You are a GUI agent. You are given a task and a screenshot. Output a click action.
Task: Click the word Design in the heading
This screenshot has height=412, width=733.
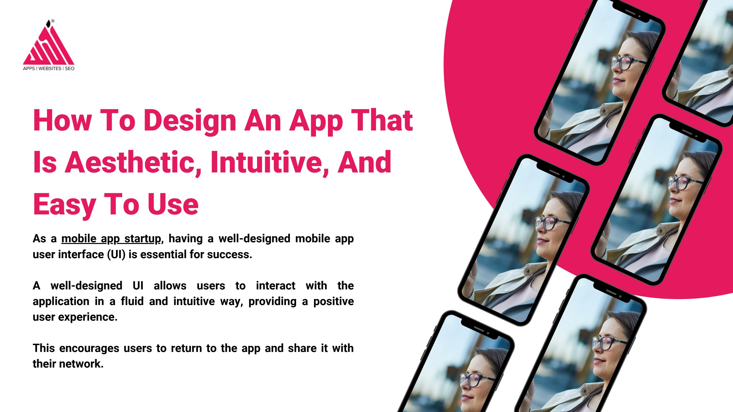190,121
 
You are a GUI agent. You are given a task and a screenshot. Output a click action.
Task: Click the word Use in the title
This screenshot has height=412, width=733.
173,204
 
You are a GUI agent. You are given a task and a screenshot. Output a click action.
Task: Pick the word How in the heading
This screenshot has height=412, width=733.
62,121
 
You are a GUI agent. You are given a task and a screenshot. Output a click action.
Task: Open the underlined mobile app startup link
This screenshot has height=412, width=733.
111,239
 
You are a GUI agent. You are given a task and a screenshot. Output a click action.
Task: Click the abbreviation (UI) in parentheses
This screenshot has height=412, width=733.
116,254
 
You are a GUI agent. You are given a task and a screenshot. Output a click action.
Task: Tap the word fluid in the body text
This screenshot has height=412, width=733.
132,301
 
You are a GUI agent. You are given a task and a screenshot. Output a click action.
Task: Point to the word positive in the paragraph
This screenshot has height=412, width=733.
333,301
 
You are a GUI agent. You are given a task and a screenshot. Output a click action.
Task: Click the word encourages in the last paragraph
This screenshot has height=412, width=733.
89,348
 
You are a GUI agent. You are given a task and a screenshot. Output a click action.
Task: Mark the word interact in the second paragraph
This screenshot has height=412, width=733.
275,285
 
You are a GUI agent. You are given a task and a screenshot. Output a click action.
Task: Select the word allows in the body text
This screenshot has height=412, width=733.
170,285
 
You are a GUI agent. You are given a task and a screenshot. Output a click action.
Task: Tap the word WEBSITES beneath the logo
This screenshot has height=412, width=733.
50,69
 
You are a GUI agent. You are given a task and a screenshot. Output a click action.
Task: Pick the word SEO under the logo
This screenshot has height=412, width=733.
70,69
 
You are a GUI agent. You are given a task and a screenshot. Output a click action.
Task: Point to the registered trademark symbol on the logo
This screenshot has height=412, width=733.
53,21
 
